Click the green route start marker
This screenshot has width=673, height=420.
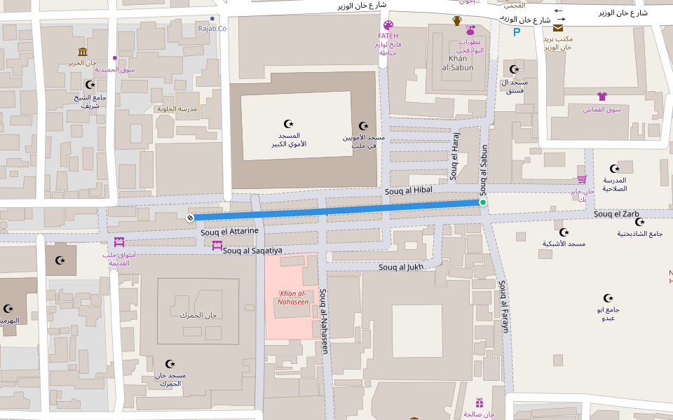482,202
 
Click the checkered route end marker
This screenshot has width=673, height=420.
190,218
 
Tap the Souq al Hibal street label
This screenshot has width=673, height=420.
409,190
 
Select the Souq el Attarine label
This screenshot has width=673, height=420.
229,232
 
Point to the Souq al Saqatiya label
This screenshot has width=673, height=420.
252,250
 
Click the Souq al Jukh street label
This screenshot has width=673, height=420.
401,267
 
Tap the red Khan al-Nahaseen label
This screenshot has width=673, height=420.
294,297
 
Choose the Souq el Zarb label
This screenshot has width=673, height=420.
616,213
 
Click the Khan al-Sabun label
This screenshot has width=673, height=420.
457,63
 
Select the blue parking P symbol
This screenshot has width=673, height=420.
517,32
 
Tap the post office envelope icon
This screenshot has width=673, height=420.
558,28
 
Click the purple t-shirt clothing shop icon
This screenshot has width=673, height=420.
601,97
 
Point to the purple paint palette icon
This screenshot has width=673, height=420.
388,25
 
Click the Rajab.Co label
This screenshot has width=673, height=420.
212,28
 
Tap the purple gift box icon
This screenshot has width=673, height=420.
480,402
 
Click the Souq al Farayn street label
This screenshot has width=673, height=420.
503,306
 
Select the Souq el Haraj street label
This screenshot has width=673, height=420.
454,156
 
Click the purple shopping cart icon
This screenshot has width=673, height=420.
582,179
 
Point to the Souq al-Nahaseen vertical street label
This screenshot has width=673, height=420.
324,321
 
